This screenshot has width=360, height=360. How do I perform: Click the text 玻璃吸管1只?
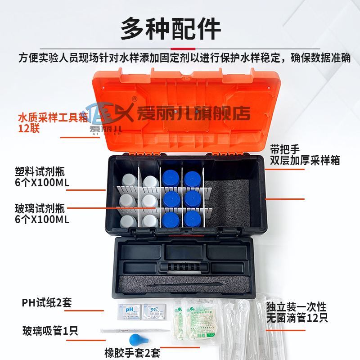point(50,332)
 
